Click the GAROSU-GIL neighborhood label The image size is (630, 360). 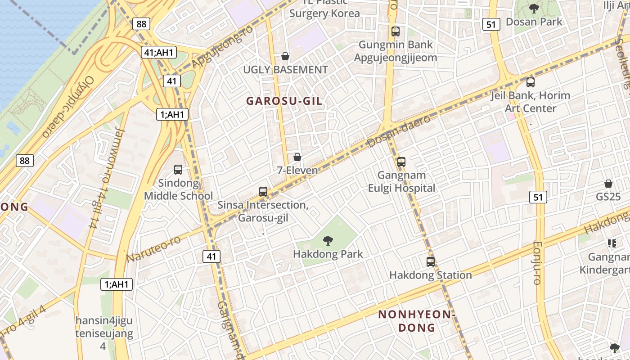point(284,101)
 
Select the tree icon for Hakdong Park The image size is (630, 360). point(328,241)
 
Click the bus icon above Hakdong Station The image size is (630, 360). point(431,261)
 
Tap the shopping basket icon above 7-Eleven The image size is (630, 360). point(297,157)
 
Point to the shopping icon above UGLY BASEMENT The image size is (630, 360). point(285,56)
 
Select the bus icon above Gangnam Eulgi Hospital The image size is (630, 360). point(401,162)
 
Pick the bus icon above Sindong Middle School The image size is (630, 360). point(178,170)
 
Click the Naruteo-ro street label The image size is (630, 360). point(153,248)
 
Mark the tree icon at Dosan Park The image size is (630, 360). point(534,8)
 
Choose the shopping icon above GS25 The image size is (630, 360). point(608,184)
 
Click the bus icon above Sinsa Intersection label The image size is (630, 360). point(263,192)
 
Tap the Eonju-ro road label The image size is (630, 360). point(537,262)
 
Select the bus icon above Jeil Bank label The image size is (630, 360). point(531,82)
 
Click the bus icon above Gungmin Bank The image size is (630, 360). point(396,31)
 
